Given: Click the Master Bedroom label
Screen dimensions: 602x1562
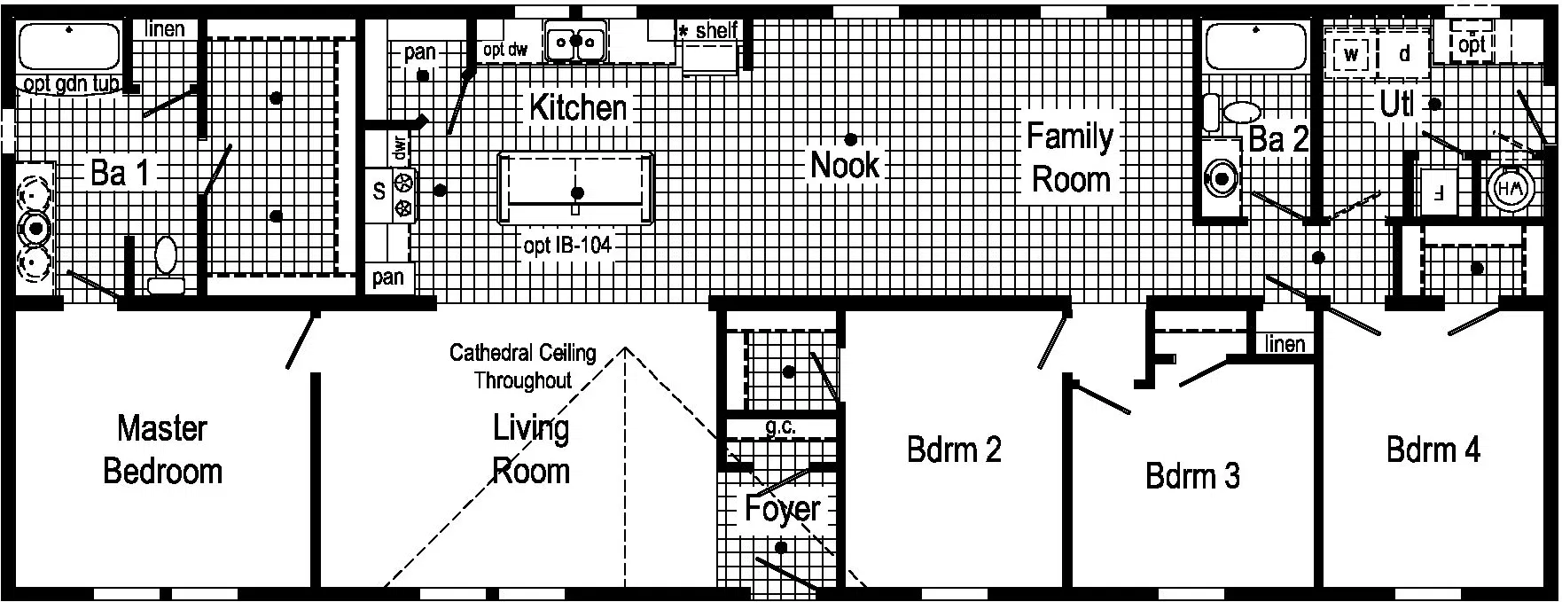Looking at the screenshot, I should (162, 450).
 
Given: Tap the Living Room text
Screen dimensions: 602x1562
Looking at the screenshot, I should (530, 450).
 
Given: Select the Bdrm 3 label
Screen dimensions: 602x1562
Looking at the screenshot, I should (1192, 476).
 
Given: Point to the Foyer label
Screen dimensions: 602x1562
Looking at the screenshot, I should (782, 509).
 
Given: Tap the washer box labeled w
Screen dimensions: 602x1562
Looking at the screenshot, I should (1350, 54).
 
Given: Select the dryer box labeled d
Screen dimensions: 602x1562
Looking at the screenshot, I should (1404, 54).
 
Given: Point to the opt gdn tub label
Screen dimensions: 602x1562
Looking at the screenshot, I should (73, 85).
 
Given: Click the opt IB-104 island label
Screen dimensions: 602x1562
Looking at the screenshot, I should (567, 246).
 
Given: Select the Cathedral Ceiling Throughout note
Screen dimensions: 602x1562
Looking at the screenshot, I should (522, 366).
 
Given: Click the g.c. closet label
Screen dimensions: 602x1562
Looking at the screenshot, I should (780, 427).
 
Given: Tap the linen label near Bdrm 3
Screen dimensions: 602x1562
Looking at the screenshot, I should (1285, 344).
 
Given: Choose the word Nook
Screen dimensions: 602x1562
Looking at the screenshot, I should (845, 165).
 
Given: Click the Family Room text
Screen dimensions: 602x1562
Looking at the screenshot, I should (1070, 158).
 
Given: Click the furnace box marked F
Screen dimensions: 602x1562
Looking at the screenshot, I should (1439, 191).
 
